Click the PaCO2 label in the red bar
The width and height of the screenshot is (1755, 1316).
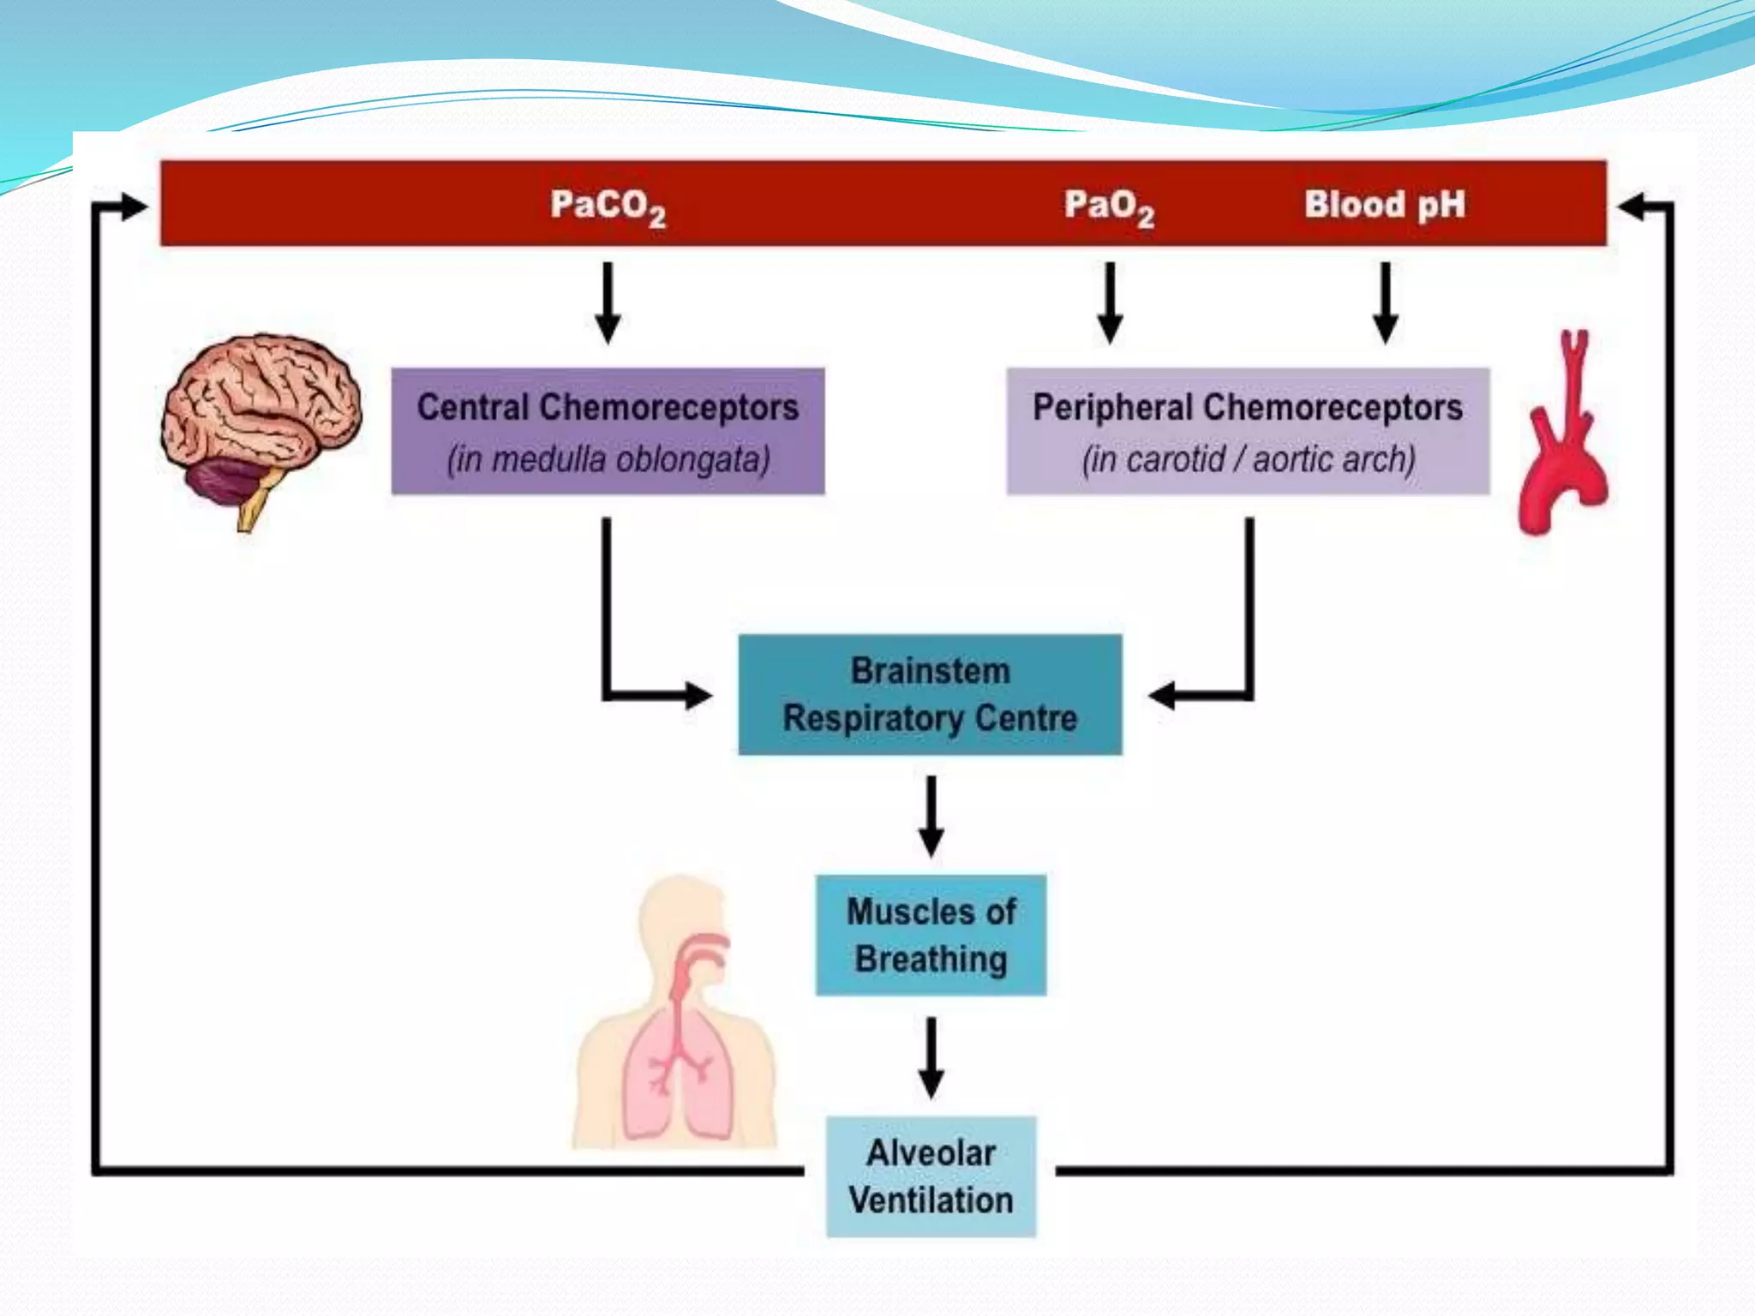pyautogui.click(x=607, y=206)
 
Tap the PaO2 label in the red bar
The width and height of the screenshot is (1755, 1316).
pyautogui.click(x=1109, y=206)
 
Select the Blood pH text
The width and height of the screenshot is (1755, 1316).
pyautogui.click(x=1384, y=205)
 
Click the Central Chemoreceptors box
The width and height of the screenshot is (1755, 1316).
pyautogui.click(x=608, y=431)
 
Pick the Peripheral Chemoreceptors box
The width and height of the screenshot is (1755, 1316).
pyautogui.click(x=1247, y=431)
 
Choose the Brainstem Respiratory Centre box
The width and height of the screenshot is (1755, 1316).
pyautogui.click(x=930, y=694)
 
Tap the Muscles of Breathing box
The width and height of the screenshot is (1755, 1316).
pyautogui.click(x=931, y=935)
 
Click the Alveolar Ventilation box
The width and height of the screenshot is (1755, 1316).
pyautogui.click(x=931, y=1175)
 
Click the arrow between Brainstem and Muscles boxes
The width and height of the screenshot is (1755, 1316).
pyautogui.click(x=931, y=816)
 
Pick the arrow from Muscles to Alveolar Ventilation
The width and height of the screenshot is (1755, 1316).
pyautogui.click(x=931, y=1057)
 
